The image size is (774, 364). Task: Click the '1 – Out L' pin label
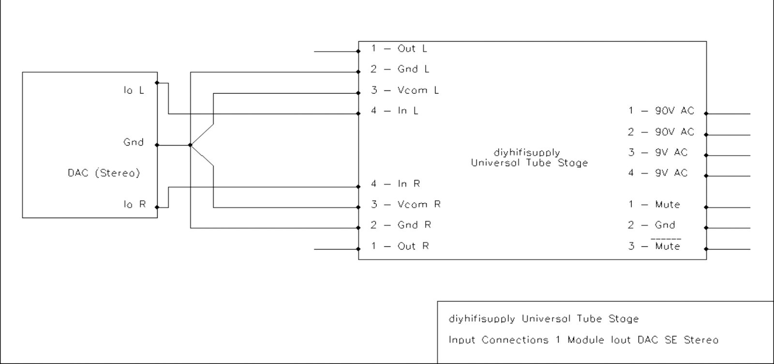pyautogui.click(x=399, y=49)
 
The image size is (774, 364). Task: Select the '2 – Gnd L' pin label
pyautogui.click(x=400, y=69)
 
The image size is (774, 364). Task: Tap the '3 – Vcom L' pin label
pyautogui.click(x=405, y=90)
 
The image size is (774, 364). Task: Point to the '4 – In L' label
pyautogui.click(x=395, y=111)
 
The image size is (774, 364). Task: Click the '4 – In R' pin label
pyautogui.click(x=395, y=184)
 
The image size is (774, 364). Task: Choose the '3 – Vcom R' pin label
pyautogui.click(x=406, y=204)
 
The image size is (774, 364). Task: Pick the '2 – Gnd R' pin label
pyautogui.click(x=401, y=225)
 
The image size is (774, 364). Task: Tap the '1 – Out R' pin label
pyautogui.click(x=400, y=246)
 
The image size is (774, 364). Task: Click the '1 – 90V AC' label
pyautogui.click(x=661, y=111)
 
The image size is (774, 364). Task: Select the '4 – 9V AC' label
pyautogui.click(x=658, y=173)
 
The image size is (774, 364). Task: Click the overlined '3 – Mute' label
pyautogui.click(x=655, y=246)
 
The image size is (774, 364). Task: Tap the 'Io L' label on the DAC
pyautogui.click(x=134, y=90)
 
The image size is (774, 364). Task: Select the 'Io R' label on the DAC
pyautogui.click(x=134, y=204)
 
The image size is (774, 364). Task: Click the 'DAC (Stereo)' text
pyautogui.click(x=104, y=173)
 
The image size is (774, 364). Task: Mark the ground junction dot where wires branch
pyautogui.click(x=190, y=145)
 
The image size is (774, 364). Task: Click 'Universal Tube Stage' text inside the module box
pyautogui.click(x=529, y=163)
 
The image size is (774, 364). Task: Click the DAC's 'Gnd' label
pyautogui.click(x=134, y=142)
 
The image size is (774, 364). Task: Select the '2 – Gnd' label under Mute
pyautogui.click(x=652, y=225)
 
